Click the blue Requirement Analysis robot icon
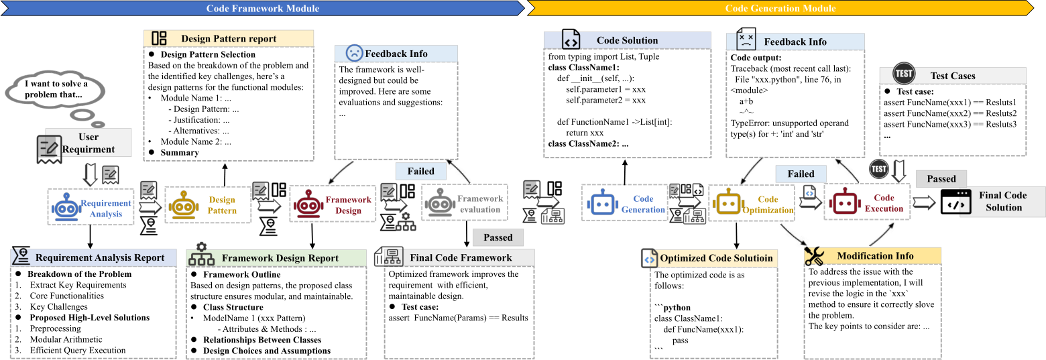(66, 207)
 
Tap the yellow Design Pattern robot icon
(183, 205)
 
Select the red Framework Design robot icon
(308, 204)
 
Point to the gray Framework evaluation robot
(440, 202)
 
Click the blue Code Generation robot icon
(602, 202)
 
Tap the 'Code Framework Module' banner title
(263, 9)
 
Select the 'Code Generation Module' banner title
(780, 9)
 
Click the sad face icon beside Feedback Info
(354, 53)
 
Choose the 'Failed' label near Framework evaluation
(420, 172)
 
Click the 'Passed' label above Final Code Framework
(498, 237)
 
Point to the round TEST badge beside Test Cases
(904, 73)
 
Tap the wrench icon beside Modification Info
(814, 255)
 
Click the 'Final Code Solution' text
(1003, 201)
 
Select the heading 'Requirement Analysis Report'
(100, 257)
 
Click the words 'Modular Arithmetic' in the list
(66, 339)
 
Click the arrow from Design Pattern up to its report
(225, 175)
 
